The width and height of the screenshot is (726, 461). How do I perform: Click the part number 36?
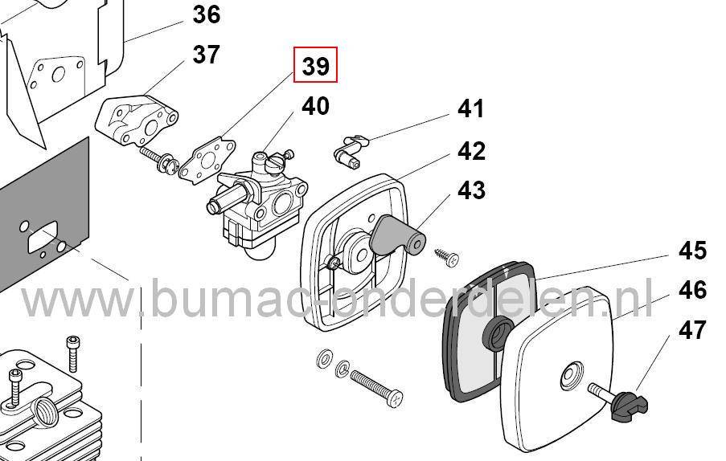point(206,14)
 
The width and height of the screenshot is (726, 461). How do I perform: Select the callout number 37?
point(206,55)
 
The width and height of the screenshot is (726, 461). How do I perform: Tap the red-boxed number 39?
point(315,66)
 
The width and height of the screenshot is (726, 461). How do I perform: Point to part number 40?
point(314,106)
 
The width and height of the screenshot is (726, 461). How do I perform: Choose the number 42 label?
point(471,150)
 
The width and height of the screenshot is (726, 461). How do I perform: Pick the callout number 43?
point(471,190)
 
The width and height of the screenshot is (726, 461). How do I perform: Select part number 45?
point(692,251)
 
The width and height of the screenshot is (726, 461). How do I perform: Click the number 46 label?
point(692,289)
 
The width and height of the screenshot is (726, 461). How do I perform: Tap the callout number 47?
point(692,329)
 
